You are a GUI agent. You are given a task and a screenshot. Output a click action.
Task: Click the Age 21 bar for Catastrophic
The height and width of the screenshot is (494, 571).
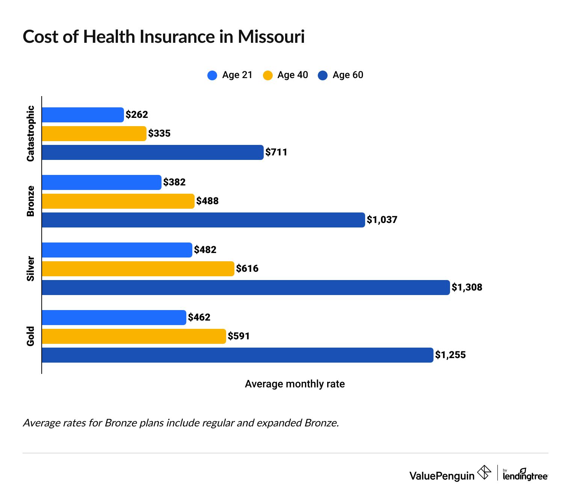(83, 115)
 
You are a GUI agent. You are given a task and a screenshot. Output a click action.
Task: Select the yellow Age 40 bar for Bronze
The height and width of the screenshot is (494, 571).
(118, 201)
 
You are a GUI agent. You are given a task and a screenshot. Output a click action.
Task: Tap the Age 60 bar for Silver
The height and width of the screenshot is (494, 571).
(246, 288)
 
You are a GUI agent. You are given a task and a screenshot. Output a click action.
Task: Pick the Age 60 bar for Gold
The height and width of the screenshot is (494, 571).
(237, 355)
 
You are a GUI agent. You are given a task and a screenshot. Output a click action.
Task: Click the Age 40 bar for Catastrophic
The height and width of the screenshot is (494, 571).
(94, 134)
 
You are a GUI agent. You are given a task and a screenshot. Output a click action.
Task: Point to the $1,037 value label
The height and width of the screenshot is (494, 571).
(382, 220)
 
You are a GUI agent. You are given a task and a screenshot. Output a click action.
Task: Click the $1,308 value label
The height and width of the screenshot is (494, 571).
(467, 288)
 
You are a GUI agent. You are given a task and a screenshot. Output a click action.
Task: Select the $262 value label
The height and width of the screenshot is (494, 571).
(137, 115)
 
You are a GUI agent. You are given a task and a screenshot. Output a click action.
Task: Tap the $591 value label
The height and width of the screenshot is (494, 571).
(239, 336)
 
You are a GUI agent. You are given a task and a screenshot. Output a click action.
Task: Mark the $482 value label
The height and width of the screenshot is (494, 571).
(205, 250)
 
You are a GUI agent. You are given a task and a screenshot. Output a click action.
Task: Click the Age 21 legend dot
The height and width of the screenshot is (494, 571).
(212, 75)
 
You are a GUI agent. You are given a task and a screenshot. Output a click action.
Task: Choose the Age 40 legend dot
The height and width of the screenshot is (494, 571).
(267, 75)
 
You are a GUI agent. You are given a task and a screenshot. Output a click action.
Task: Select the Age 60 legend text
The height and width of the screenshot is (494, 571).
(348, 75)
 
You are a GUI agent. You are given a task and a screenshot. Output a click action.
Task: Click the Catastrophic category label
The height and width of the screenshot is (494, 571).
(30, 134)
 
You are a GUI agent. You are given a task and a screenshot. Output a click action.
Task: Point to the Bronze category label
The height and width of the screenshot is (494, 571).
(30, 201)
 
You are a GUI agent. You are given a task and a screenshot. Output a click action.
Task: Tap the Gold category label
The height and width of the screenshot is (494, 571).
(30, 336)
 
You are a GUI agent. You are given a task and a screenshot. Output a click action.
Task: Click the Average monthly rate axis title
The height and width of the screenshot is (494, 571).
(295, 384)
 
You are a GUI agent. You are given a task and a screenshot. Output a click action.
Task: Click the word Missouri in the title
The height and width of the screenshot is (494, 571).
(271, 37)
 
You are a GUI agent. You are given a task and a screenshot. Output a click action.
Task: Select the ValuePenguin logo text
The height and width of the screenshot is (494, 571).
(442, 476)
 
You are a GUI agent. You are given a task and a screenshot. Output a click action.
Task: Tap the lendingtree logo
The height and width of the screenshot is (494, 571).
(525, 475)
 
